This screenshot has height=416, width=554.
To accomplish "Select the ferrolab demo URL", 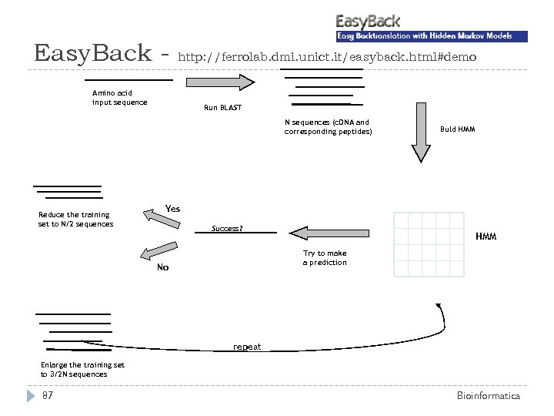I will point(327,57).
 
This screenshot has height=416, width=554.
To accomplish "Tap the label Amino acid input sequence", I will point(119,98).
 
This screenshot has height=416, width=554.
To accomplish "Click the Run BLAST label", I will point(222,108).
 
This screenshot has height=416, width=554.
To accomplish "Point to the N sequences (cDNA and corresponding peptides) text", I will point(328,127).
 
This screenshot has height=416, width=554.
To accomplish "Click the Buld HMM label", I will point(457,129).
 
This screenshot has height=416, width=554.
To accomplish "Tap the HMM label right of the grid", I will point(486,237).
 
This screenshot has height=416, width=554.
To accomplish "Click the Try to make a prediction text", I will point(325,258).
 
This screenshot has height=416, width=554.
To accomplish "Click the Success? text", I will point(227,229).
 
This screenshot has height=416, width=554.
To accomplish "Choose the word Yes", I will point(173,209).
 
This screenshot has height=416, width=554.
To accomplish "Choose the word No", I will point(162,267).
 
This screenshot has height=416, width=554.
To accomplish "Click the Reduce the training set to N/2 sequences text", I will point(75,220).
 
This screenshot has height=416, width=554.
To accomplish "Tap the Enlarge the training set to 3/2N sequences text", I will point(74,369).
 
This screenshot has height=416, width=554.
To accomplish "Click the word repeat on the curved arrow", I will point(247,347).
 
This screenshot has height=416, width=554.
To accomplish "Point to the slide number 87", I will point(48,396).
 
